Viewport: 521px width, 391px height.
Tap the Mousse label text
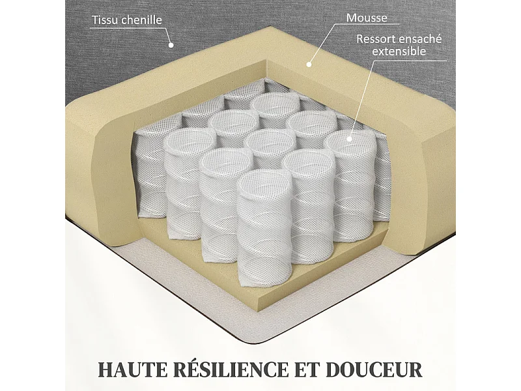pos(367,18)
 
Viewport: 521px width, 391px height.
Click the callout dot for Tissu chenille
pos(171,46)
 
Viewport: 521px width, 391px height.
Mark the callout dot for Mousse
pos(309,65)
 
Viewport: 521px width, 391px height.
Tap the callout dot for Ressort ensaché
pos(349,138)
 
